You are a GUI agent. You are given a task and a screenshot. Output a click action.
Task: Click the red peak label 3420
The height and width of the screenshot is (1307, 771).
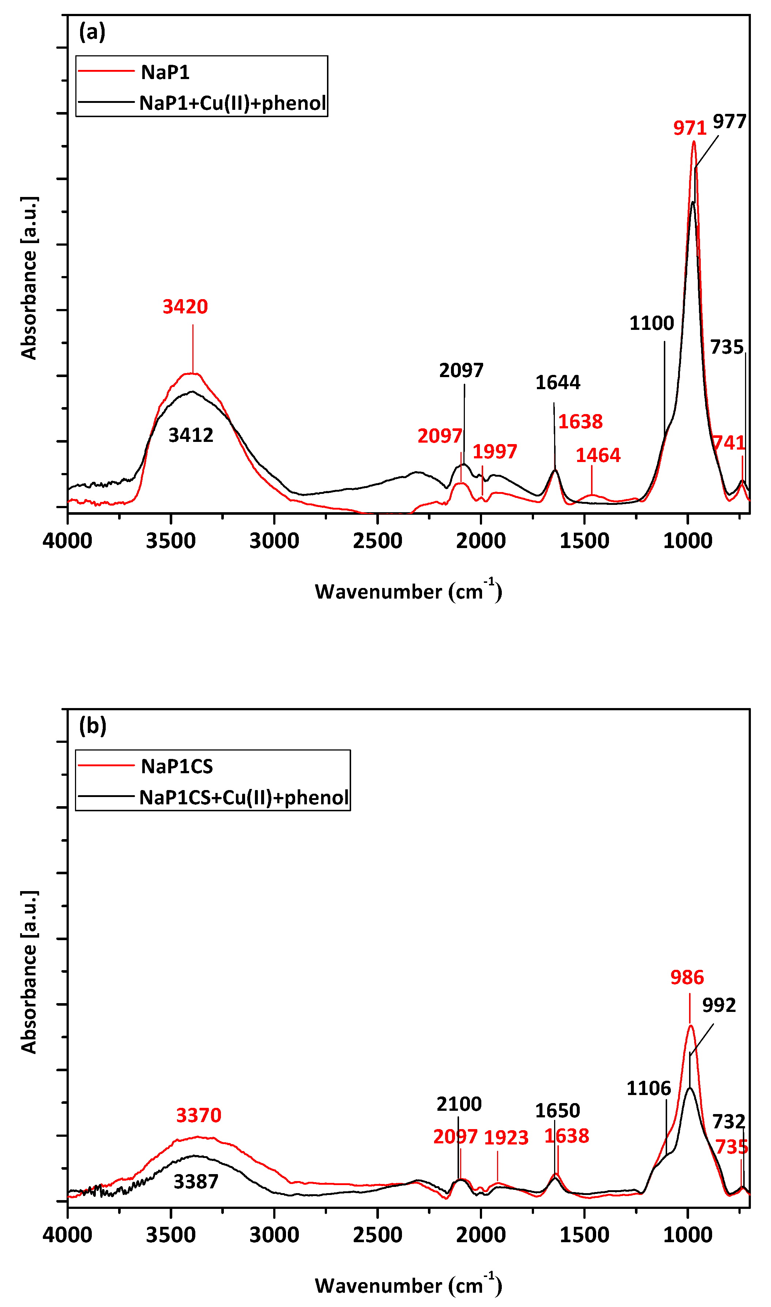185,307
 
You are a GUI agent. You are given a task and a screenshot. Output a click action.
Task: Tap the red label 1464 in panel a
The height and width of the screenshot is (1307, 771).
598,455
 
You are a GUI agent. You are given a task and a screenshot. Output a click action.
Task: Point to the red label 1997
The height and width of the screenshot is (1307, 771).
494,451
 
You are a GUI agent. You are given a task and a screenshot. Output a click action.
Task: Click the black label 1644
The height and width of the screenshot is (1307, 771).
557,383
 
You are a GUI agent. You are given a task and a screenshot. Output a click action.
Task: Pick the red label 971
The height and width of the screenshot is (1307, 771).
689,128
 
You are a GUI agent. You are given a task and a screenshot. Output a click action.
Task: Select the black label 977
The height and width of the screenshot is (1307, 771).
729,122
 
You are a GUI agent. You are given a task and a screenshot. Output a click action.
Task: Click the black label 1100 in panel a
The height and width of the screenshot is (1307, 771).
651,323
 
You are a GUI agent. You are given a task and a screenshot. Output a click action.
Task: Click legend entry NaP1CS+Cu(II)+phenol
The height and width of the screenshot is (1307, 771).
244,797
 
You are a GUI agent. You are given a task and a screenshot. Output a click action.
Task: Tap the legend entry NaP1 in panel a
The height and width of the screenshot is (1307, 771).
165,72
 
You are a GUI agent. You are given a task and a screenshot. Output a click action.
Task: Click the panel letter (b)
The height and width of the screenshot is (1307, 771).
93,725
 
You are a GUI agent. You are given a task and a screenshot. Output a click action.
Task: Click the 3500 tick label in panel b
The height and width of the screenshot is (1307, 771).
170,1235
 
